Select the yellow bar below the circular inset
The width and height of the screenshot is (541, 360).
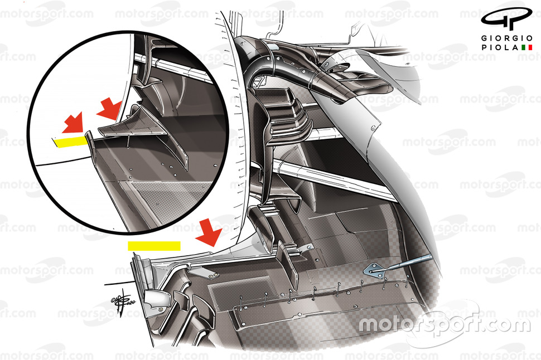(154, 245)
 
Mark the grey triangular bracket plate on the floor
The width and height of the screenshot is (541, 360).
(375, 270)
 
